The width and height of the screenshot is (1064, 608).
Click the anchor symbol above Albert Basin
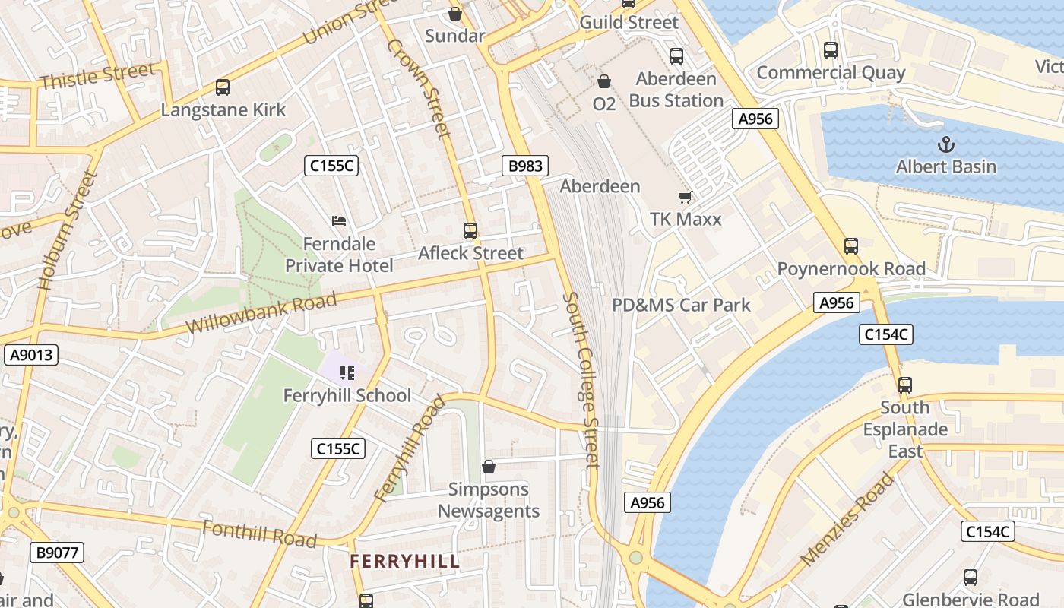(x=946, y=144)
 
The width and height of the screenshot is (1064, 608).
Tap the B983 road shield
(x=525, y=166)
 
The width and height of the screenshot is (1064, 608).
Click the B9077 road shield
(x=57, y=553)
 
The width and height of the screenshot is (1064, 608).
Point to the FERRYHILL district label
(x=404, y=562)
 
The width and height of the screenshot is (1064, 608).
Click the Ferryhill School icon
(x=347, y=372)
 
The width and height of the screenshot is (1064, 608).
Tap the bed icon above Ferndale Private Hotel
(x=340, y=221)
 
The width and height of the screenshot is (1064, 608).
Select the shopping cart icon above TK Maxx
(x=685, y=197)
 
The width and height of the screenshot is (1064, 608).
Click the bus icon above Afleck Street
(x=470, y=230)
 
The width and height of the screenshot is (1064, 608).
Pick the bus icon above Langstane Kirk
(x=223, y=87)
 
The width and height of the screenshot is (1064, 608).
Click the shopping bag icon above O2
(x=604, y=81)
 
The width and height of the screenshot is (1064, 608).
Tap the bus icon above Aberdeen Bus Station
(x=676, y=56)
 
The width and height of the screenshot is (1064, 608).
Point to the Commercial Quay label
(x=831, y=73)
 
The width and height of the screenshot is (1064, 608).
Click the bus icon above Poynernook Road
(x=851, y=246)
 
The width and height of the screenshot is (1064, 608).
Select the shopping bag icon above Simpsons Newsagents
(x=489, y=467)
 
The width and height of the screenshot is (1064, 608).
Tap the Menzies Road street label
(x=847, y=519)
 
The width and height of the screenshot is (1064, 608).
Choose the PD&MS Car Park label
(x=681, y=306)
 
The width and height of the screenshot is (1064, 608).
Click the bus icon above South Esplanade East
(x=904, y=385)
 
